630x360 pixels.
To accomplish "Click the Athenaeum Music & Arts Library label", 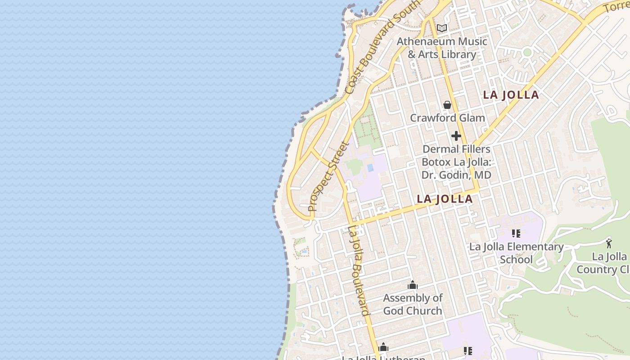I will coord(441,48).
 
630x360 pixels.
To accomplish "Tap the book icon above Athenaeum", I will coord(442,28).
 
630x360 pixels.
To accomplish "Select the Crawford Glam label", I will coord(447,118).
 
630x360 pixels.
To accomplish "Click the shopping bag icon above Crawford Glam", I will coord(447,105).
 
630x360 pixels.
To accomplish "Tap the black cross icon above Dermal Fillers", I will coord(456,136).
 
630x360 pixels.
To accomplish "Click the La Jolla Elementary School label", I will coord(516,253).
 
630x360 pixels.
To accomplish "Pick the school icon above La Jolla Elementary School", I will coord(516,234).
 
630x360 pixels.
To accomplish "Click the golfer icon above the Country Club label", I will coord(609,243).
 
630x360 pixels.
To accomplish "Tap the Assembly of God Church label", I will coord(413,304).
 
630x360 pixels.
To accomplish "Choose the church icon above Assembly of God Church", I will coord(413,285).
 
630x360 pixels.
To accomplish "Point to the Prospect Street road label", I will coord(328,177).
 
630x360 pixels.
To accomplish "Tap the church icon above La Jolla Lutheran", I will coord(383,347).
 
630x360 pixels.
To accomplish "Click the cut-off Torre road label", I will coord(616,6).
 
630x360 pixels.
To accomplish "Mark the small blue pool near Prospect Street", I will coord(370,168).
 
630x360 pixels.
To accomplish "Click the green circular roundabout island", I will coord(527,53).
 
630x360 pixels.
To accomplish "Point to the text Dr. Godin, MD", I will coord(456,175).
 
